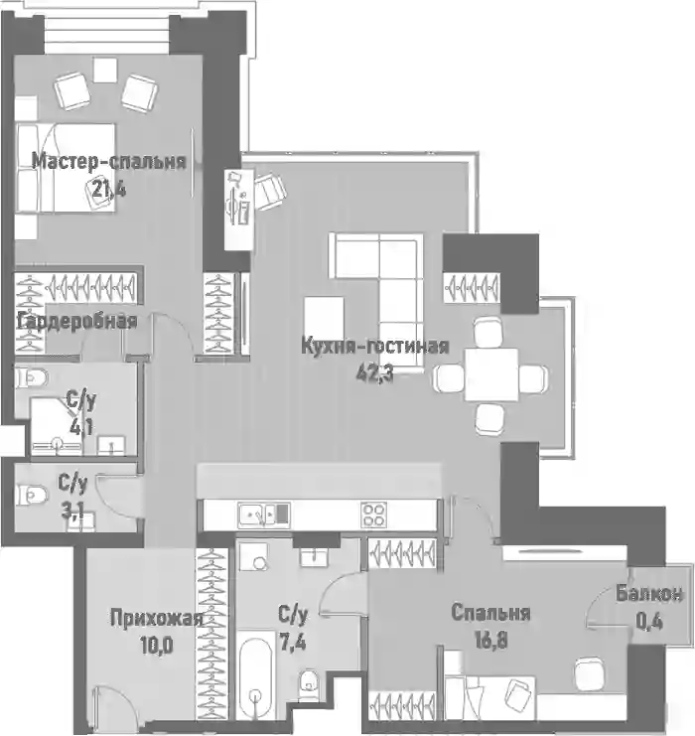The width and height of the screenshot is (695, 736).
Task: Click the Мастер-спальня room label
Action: point(109,162)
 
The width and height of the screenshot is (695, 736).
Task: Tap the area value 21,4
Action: point(109,189)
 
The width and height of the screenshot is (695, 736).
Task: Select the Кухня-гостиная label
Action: point(374,346)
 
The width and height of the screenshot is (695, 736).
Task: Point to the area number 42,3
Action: point(374,373)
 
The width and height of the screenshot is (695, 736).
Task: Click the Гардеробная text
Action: point(76,322)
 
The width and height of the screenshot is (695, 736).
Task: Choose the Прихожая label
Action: point(157,618)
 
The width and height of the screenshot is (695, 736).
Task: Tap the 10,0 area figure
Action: point(156,646)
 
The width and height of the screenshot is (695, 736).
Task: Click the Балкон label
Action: point(649,594)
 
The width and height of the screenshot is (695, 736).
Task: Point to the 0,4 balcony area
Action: point(649,622)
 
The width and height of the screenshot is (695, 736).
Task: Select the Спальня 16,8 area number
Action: point(490,640)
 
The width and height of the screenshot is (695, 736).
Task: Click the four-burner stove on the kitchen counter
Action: point(373,515)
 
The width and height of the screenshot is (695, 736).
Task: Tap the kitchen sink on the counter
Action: point(264,515)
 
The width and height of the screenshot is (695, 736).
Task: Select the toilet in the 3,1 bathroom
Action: point(32,496)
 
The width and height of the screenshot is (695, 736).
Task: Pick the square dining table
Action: point(491,374)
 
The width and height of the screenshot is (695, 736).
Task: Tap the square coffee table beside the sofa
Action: point(324,317)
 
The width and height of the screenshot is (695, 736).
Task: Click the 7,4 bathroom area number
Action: point(293,642)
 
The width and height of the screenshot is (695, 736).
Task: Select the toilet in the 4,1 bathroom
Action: point(32,377)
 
